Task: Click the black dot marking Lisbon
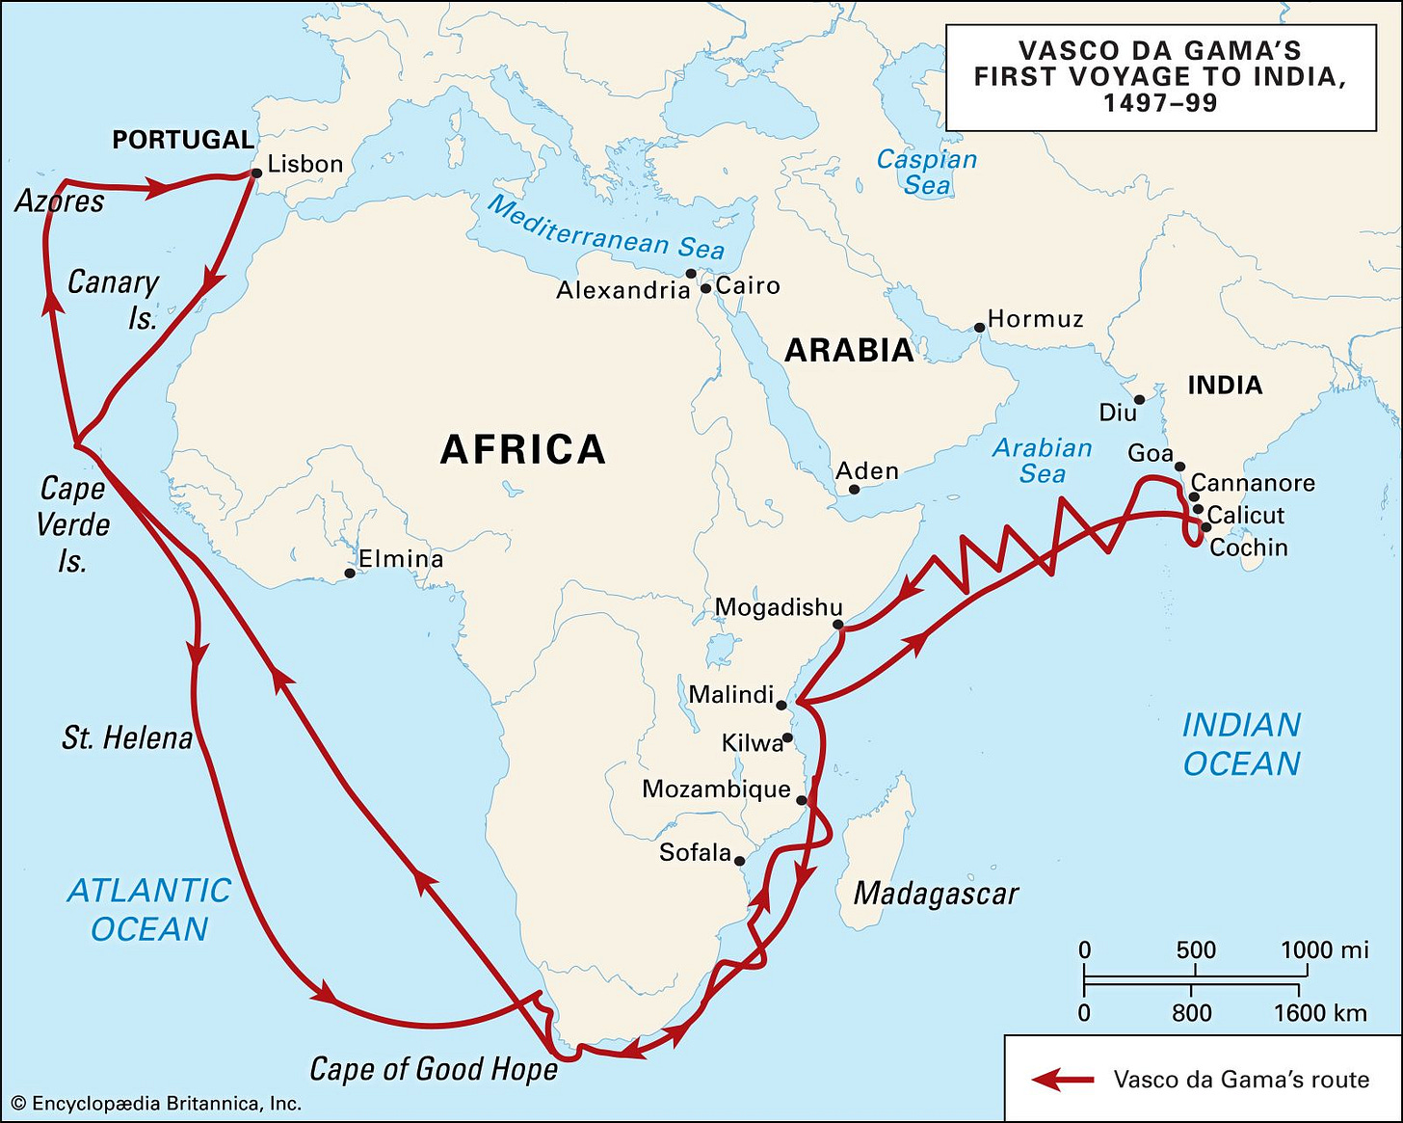(x=256, y=174)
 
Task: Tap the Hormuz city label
(x=1035, y=319)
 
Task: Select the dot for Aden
(x=854, y=490)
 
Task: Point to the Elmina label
(x=401, y=559)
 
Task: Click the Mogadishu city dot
(x=838, y=625)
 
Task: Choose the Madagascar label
(x=936, y=894)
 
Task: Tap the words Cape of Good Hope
(x=434, y=1069)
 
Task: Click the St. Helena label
(x=127, y=738)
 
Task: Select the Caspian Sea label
(x=926, y=172)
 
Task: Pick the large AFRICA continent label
(x=523, y=450)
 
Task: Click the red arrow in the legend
(x=1063, y=1080)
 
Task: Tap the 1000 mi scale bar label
(x=1324, y=950)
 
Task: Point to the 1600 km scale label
(x=1319, y=1013)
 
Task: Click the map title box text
(x=1160, y=76)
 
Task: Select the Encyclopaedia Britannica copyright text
(x=156, y=1104)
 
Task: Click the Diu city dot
(x=1139, y=399)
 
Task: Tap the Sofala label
(x=695, y=853)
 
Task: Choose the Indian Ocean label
(x=1241, y=744)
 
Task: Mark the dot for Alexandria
(x=691, y=274)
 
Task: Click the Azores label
(x=60, y=201)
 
